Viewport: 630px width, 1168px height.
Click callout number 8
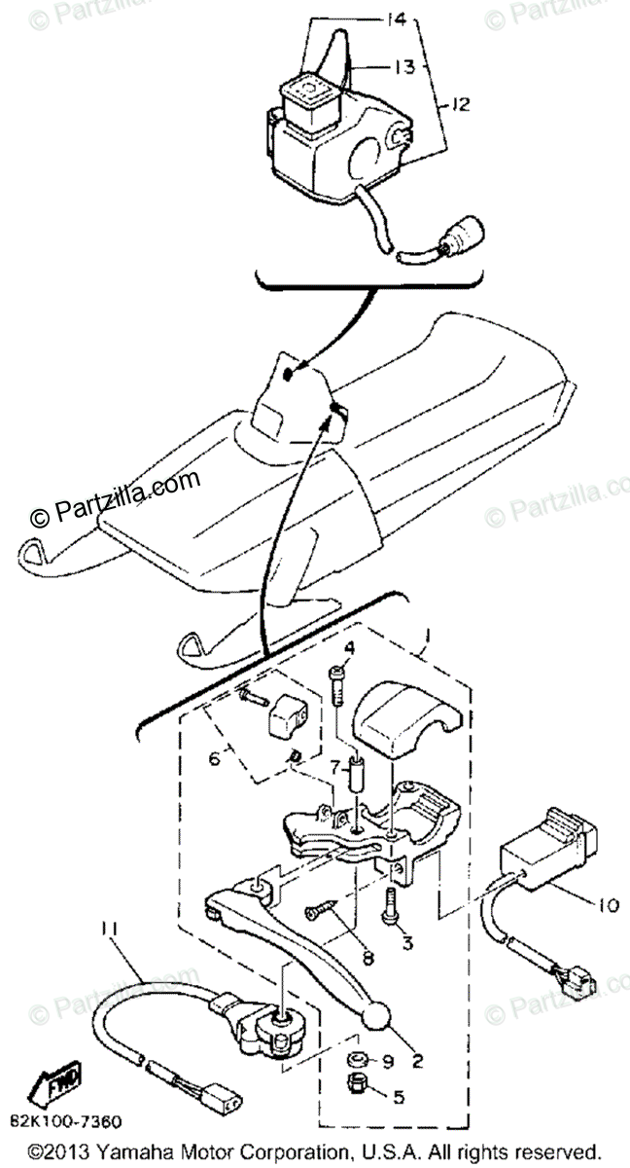366,957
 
